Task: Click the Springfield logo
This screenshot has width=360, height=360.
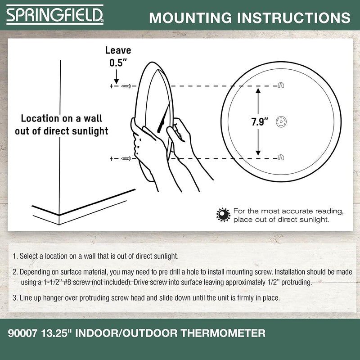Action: point(55,14)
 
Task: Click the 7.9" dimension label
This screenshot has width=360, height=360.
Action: point(260,121)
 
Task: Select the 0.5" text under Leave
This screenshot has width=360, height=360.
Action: point(118,63)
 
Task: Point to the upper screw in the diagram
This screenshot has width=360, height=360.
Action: point(126,86)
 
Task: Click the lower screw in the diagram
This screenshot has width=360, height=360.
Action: point(126,158)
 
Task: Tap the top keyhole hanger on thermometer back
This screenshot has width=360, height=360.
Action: point(281,85)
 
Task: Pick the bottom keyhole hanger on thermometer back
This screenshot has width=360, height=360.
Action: point(281,157)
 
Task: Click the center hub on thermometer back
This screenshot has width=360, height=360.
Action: point(281,121)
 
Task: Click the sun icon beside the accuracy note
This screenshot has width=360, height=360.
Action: point(223,215)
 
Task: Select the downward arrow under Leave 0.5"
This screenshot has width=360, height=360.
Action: point(117,76)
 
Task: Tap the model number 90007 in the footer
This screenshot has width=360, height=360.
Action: point(22,333)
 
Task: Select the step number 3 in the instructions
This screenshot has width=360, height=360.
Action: point(15,298)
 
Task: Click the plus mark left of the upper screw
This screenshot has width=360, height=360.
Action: point(112,86)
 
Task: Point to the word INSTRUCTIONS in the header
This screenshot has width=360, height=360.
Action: point(294,18)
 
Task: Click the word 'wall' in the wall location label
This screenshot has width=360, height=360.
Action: point(93,118)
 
